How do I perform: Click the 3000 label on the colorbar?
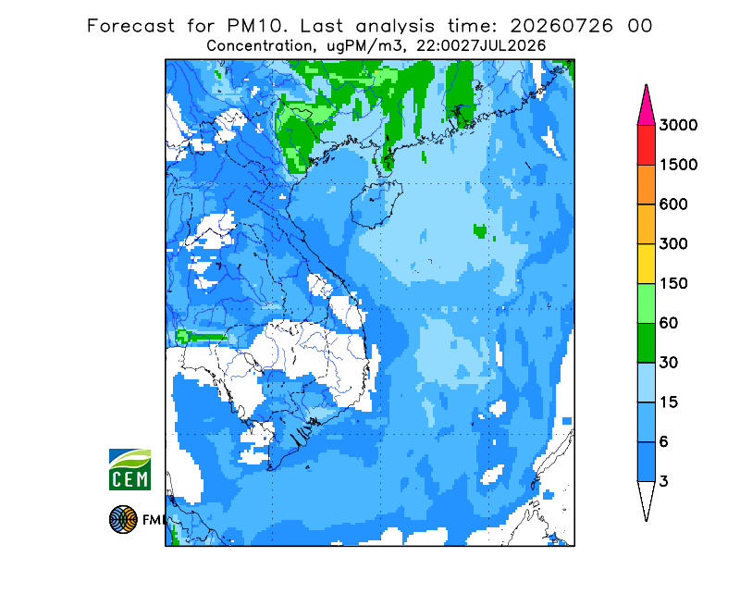[678, 125]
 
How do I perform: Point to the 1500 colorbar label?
[678, 165]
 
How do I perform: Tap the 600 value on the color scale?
[673, 204]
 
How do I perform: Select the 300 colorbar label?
[673, 244]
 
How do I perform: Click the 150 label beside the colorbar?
[673, 284]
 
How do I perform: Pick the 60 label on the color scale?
[669, 324]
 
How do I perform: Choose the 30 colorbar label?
[669, 363]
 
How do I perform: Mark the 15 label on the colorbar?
[669, 402]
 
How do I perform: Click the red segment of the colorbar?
[646, 145]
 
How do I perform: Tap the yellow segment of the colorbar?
[646, 264]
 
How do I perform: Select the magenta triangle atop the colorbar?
[646, 107]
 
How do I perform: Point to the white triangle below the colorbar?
[646, 498]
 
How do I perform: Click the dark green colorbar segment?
[646, 343]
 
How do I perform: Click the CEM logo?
[129, 469]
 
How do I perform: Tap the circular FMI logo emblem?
[123, 519]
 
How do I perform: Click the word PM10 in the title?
[257, 26]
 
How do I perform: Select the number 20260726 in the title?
[561, 26]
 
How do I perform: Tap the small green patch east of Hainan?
[480, 231]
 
